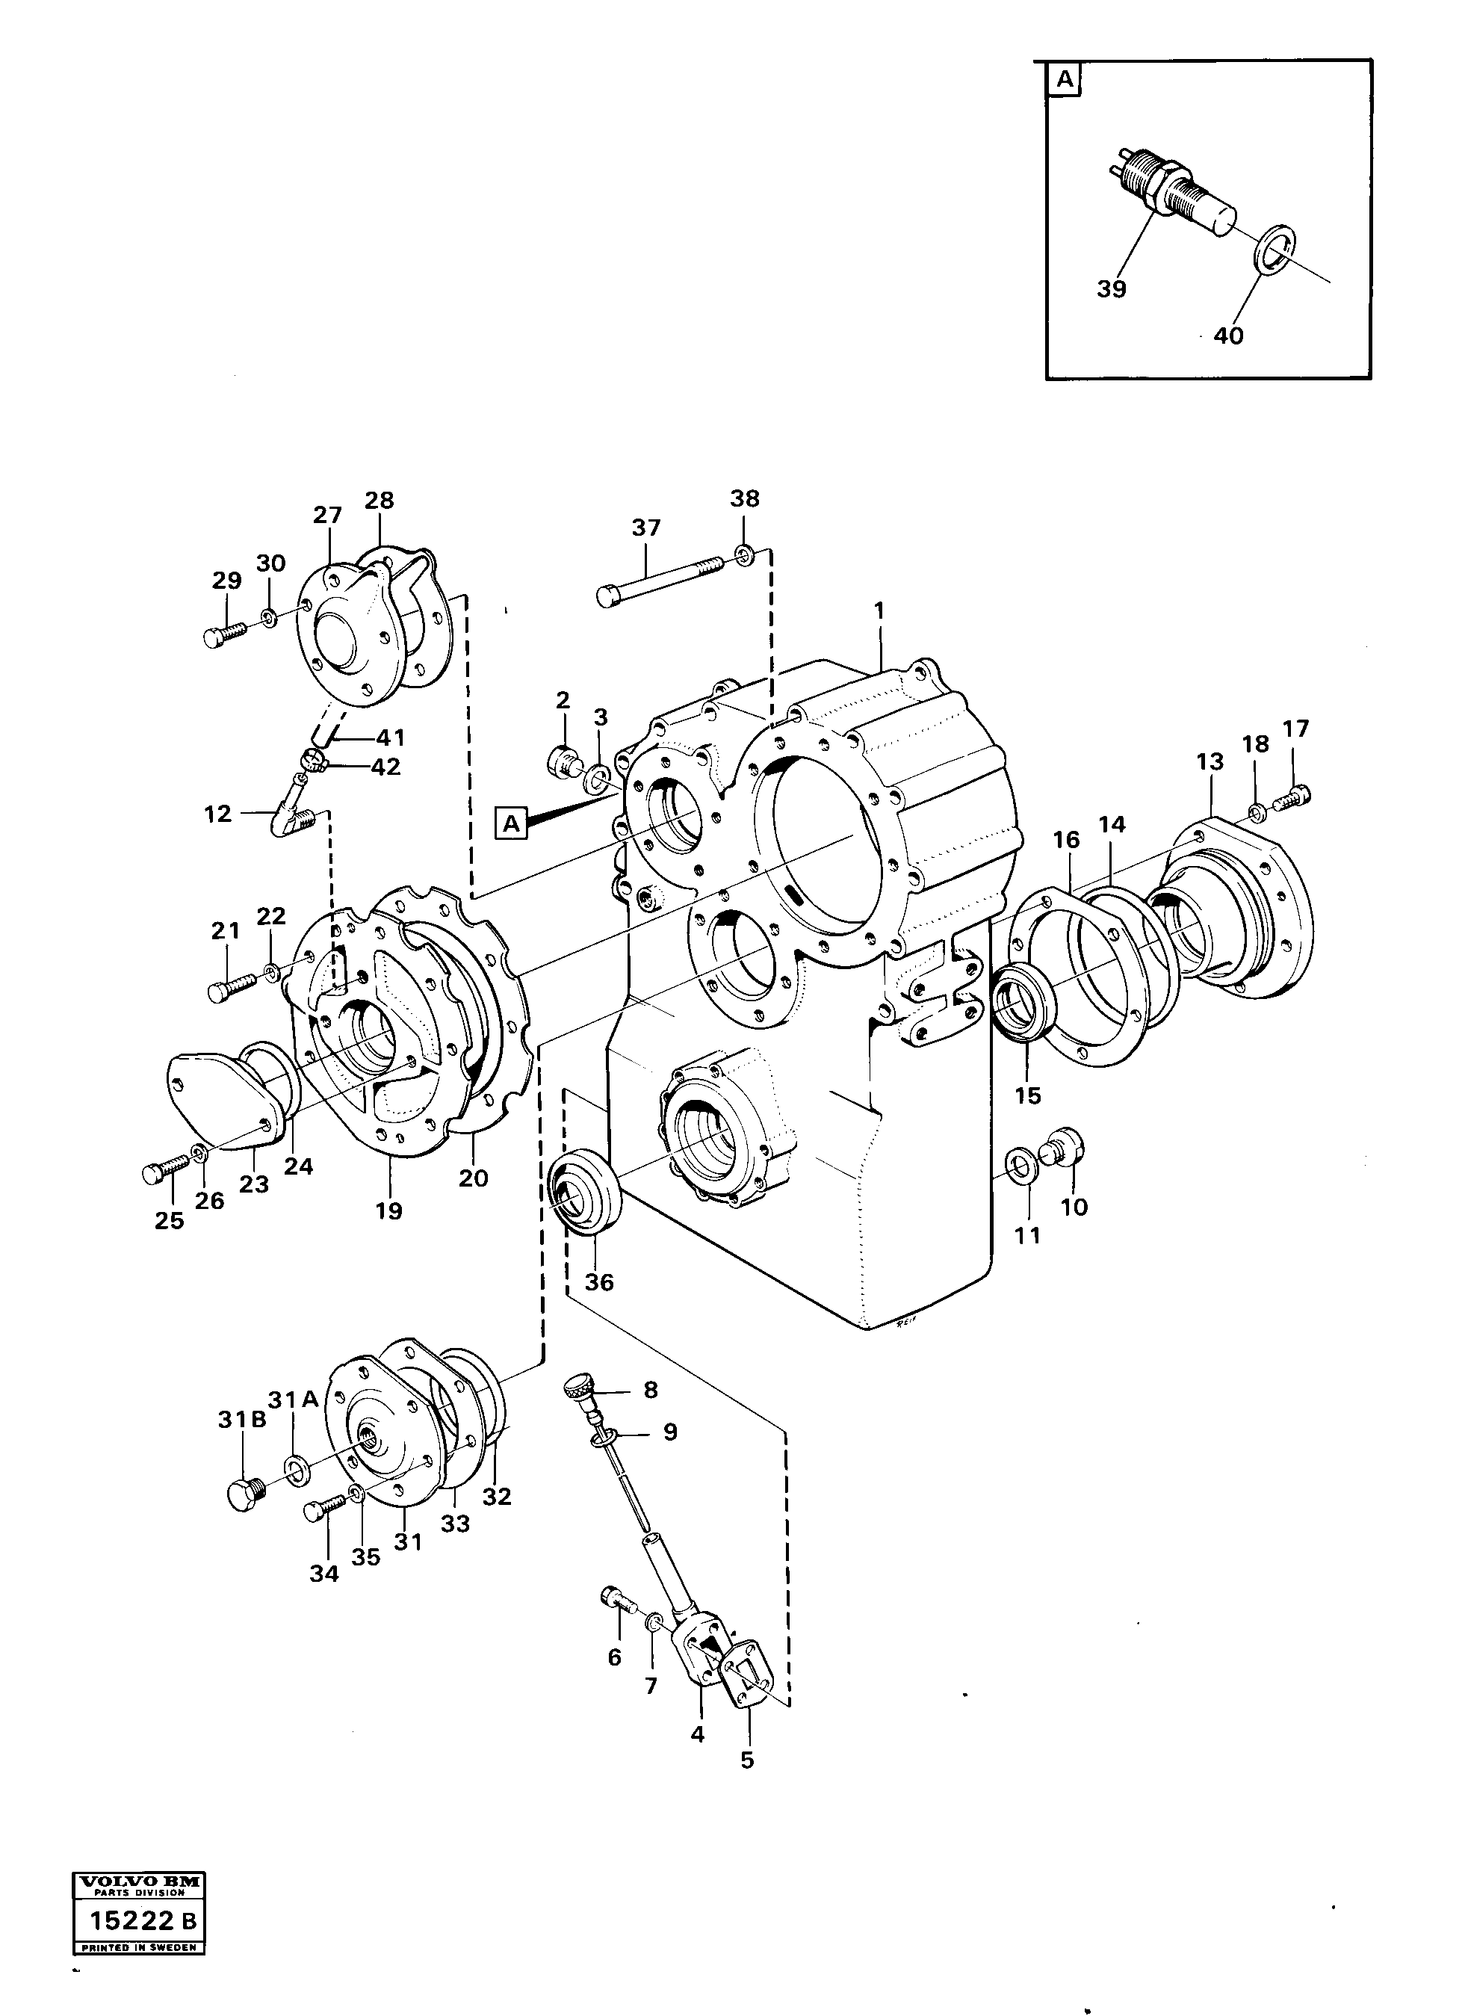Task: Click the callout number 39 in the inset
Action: pos(1111,289)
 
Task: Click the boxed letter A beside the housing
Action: pos(511,823)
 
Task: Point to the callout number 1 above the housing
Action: pos(879,610)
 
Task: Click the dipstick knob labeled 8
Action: pos(580,1388)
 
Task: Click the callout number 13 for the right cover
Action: pos(1210,761)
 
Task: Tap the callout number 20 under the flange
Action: pos(473,1178)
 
